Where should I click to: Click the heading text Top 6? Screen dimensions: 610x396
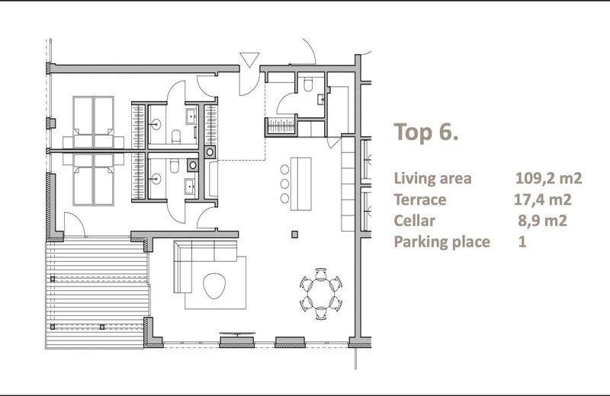pyautogui.click(x=426, y=132)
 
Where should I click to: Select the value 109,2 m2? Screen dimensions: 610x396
pyautogui.click(x=548, y=178)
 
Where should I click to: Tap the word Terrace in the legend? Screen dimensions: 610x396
pyautogui.click(x=420, y=200)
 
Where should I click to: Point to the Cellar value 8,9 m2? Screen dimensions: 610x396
pyautogui.click(x=542, y=220)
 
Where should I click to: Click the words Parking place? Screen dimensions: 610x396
pyautogui.click(x=441, y=241)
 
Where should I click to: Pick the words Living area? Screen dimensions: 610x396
pyautogui.click(x=432, y=178)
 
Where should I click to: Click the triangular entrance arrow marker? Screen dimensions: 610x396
pyautogui.click(x=249, y=60)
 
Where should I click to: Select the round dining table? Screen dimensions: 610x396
pyautogui.click(x=321, y=294)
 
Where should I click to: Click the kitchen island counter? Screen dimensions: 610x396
pyautogui.click(x=301, y=184)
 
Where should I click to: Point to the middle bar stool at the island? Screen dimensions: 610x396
pyautogui.click(x=284, y=184)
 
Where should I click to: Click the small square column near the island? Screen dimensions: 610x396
pyautogui.click(x=295, y=235)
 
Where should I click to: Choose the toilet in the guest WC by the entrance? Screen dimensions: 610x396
pyautogui.click(x=308, y=84)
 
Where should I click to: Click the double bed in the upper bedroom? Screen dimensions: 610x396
pyautogui.click(x=93, y=122)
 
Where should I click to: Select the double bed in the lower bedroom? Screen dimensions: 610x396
pyautogui.click(x=93, y=180)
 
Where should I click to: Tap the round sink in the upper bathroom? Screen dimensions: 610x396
pyautogui.click(x=156, y=124)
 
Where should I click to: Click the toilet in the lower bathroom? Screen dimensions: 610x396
pyautogui.click(x=175, y=166)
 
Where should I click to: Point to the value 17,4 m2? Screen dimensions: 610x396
pyautogui.click(x=543, y=200)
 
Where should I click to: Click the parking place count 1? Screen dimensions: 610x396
pyautogui.click(x=522, y=241)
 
